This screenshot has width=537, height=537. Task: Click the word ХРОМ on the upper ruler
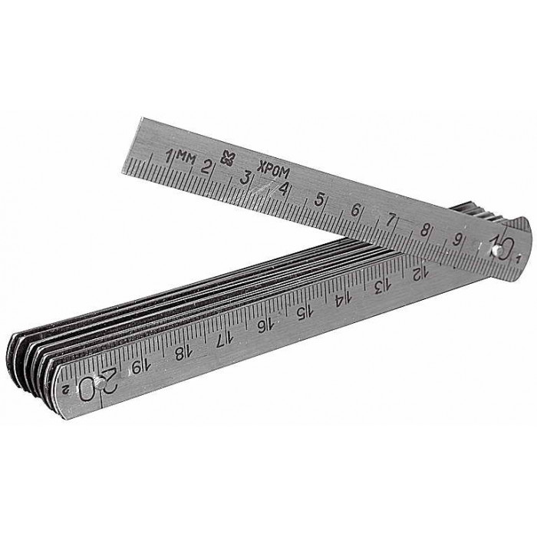(x=273, y=170)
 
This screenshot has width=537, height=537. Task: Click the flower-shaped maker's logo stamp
(x=226, y=158)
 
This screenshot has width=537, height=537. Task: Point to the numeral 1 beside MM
(x=169, y=156)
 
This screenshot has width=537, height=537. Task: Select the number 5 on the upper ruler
(x=319, y=199)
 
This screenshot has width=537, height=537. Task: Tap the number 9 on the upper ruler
(x=456, y=239)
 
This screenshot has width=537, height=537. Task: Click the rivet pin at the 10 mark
(x=494, y=252)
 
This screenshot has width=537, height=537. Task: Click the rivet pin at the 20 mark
(x=100, y=384)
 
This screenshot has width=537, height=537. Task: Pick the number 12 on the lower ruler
(x=420, y=273)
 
